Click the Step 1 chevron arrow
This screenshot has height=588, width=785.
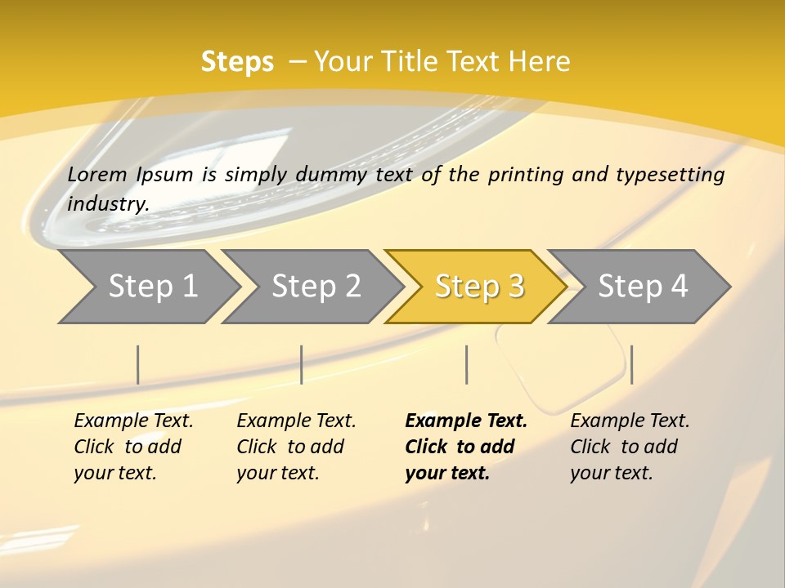151,287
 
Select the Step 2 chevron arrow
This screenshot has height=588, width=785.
315,287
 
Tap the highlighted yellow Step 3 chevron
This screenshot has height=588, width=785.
478,287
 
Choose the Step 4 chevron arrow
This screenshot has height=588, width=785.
642,287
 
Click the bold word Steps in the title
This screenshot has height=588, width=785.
237,62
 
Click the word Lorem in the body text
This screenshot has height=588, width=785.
96,175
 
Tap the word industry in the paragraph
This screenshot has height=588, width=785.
108,203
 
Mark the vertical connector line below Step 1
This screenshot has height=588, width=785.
138,364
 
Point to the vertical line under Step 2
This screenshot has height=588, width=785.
302,364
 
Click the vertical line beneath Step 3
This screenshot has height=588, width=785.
466,364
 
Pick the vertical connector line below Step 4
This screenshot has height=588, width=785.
631,364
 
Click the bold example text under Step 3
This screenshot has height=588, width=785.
466,447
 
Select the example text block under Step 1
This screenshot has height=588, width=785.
133,447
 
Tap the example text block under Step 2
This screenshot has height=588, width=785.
296,447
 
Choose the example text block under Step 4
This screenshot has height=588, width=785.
630,447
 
